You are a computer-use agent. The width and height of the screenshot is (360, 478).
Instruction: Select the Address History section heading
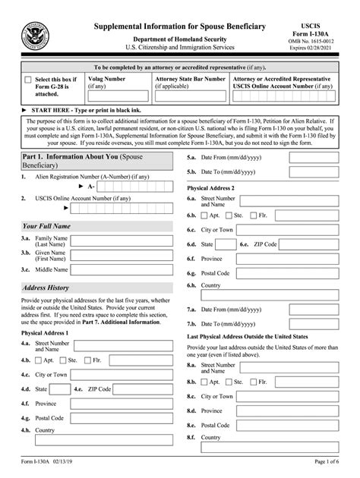tap(46, 288)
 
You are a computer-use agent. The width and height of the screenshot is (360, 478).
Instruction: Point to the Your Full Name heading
tap(46, 226)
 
